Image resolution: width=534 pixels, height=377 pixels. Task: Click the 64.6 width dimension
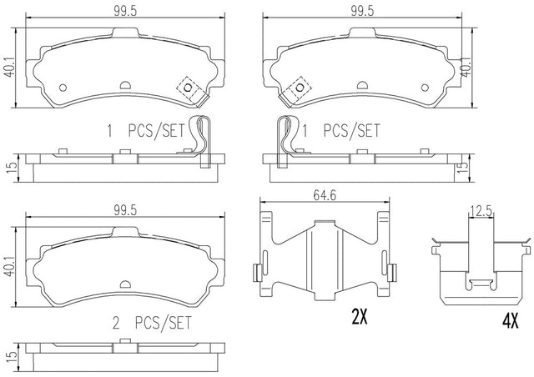point(325,195)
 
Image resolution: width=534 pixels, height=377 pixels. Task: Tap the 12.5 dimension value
point(481,212)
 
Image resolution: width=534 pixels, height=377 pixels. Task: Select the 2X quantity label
point(360,317)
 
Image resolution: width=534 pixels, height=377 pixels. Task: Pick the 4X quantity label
point(510,321)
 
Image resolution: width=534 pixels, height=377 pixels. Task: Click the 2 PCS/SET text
point(152,323)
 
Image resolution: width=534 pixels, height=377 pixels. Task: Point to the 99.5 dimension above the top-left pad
point(125,11)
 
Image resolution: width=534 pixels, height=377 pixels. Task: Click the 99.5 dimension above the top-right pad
point(361,11)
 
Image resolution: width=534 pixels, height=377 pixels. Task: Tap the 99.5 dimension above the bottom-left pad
point(125,210)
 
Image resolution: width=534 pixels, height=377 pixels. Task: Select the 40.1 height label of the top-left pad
point(10,68)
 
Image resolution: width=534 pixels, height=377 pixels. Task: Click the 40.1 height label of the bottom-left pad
point(10,267)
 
